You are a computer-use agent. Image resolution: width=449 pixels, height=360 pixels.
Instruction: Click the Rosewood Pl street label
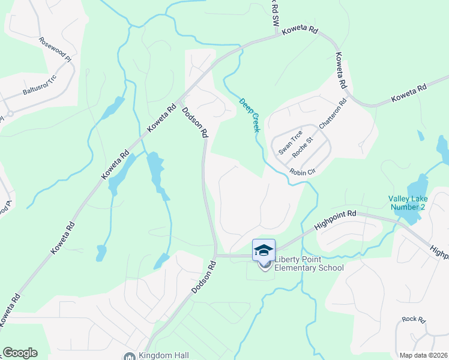point(55,50)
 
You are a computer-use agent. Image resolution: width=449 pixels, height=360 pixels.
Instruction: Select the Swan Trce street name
point(290,143)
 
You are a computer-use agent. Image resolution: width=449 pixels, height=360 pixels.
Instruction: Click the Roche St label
point(303,148)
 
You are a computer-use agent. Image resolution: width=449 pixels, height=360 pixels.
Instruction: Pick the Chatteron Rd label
point(333,114)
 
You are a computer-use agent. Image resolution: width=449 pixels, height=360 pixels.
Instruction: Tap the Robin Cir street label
point(303,172)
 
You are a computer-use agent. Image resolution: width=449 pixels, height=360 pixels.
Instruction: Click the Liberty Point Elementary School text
point(309,264)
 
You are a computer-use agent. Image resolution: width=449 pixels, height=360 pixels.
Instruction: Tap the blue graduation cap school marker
point(264,250)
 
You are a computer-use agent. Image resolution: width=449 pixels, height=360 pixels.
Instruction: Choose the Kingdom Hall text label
point(164,355)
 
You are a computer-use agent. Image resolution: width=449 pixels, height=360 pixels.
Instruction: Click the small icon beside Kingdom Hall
point(129,356)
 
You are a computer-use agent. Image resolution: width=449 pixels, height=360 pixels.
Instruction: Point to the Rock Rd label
point(414,319)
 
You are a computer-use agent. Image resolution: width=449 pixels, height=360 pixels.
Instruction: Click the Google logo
point(20,353)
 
